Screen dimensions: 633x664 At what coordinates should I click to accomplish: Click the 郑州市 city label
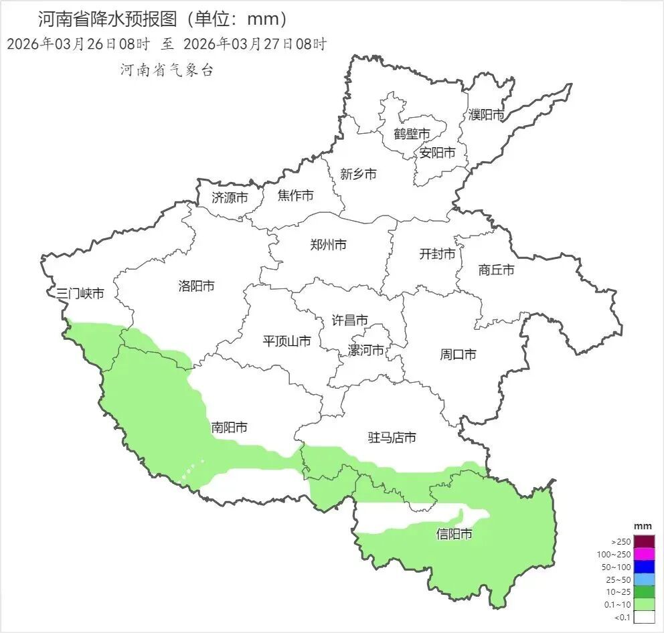[328, 245]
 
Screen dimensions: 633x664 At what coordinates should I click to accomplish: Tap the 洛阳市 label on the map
[197, 286]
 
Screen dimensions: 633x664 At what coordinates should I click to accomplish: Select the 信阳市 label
[454, 534]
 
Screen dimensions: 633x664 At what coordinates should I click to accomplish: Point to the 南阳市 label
[230, 427]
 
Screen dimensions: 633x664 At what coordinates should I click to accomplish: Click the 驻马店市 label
[392, 438]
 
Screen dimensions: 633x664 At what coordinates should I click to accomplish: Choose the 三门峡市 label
[80, 293]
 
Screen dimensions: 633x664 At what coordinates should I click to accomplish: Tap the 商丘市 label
[497, 270]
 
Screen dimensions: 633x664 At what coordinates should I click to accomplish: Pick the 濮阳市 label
[487, 114]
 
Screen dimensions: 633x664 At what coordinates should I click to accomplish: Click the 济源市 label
[230, 197]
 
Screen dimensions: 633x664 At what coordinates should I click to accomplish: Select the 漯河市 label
[366, 350]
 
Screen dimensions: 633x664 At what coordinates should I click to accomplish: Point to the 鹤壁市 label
[412, 134]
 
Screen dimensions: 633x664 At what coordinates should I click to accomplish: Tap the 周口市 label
[458, 354]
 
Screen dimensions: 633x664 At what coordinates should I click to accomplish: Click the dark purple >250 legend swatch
[644, 541]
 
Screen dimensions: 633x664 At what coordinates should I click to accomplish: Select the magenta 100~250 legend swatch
[644, 554]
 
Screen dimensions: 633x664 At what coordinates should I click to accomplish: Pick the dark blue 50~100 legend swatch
[644, 567]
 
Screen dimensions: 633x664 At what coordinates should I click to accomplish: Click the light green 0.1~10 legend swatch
[644, 604]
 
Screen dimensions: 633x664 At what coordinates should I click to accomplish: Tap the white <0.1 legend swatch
[644, 617]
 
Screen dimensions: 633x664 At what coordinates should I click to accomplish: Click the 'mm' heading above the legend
[643, 527]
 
